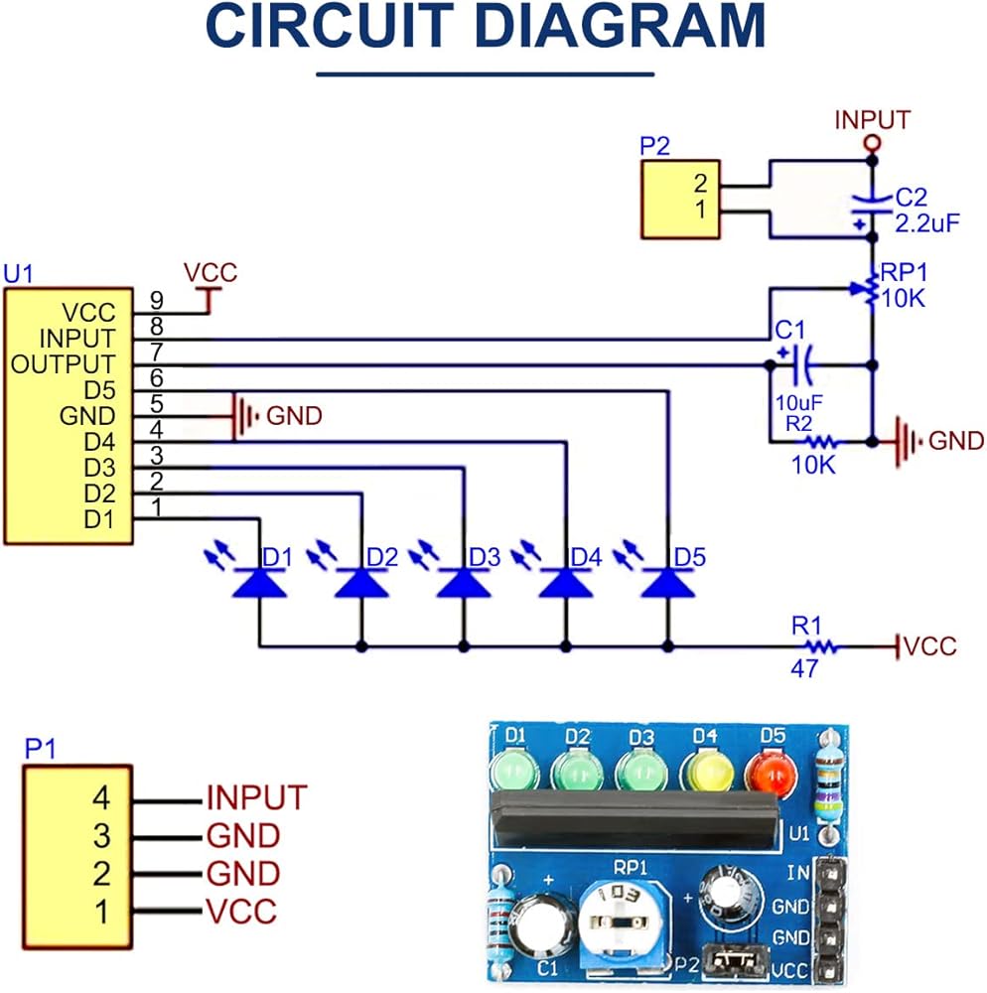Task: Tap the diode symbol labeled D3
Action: coord(464,583)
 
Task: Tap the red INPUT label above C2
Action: coord(872,120)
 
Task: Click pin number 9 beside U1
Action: coord(156,299)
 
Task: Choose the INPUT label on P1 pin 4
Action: coord(256,796)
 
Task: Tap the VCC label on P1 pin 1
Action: coord(241,911)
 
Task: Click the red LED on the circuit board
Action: coord(773,773)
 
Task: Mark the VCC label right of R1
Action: coord(929,647)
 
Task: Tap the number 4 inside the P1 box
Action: coord(100,797)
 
